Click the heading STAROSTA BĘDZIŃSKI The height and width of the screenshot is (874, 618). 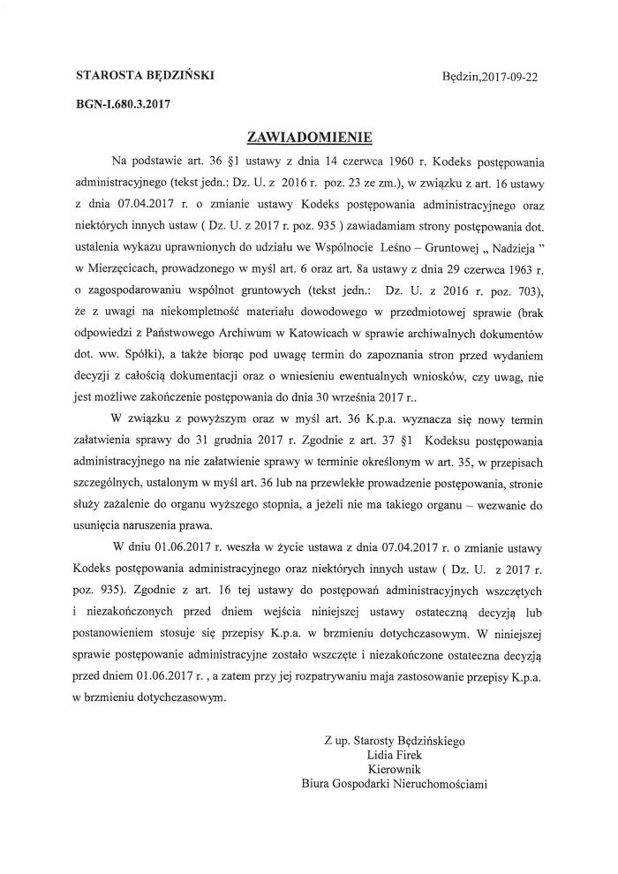[138, 77]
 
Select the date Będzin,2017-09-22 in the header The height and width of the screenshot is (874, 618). [494, 78]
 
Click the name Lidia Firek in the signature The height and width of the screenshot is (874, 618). [396, 756]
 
